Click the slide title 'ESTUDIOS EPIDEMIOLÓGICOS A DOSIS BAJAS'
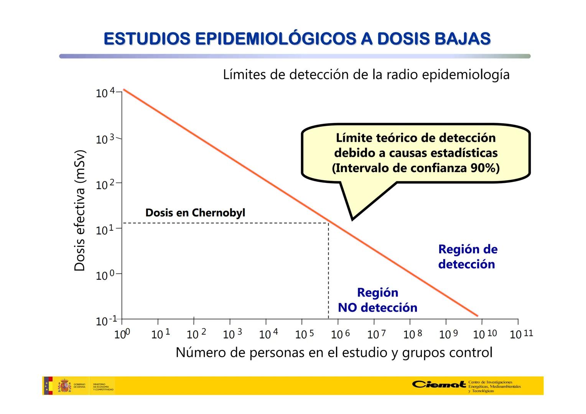[x=297, y=39]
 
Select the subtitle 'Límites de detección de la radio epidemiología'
[x=366, y=74]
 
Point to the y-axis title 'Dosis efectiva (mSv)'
[x=79, y=210]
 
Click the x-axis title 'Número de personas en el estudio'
[x=334, y=352]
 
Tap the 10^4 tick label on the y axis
[x=105, y=93]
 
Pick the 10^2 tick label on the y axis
[x=105, y=184]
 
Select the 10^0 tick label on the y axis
[x=105, y=275]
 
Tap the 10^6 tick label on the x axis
[x=340, y=334]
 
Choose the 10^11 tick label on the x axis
[x=521, y=334]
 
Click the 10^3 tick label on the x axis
[x=232, y=334]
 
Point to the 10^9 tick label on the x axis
[x=448, y=334]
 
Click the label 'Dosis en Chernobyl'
[x=195, y=213]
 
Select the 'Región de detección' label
[x=467, y=256]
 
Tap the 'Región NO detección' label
[x=377, y=300]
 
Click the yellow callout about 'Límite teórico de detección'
[x=416, y=153]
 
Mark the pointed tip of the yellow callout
[x=352, y=219]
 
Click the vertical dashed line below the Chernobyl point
[x=328, y=272]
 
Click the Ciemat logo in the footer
[x=439, y=384]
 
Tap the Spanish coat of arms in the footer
[x=64, y=386]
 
